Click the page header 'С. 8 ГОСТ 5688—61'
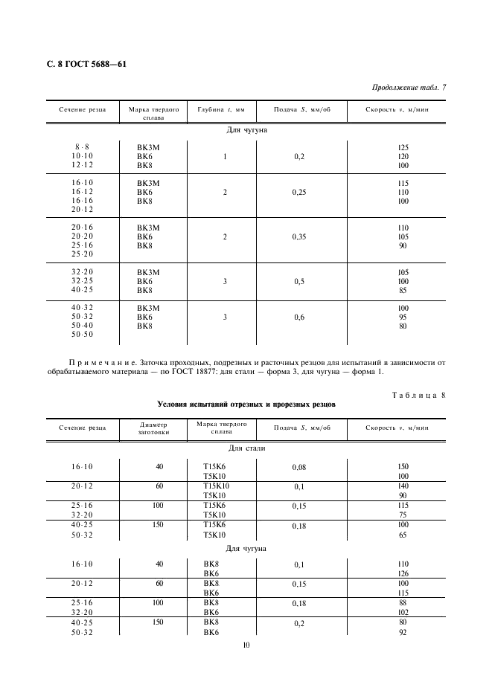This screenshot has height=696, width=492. point(86,64)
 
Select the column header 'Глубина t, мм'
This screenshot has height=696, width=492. point(221,109)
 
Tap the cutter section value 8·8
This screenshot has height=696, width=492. point(82,146)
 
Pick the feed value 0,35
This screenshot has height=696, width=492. point(299,236)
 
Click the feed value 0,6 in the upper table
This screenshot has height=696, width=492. point(299,317)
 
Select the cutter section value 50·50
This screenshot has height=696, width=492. point(82,335)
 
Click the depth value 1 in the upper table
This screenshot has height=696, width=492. point(224,156)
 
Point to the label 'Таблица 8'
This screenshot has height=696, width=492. point(418,395)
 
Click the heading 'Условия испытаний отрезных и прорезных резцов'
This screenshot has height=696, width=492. point(246,405)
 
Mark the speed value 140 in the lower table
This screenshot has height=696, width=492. point(404,486)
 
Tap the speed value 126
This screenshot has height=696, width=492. point(404,573)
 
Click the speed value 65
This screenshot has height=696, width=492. point(404,535)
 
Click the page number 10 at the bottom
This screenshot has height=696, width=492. point(246,645)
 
